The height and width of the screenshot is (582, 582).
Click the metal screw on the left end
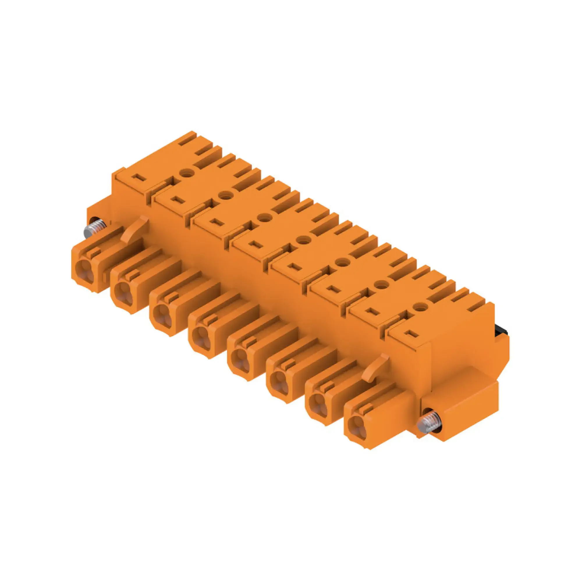point(94,229)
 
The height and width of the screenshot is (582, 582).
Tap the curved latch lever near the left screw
point(135,229)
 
